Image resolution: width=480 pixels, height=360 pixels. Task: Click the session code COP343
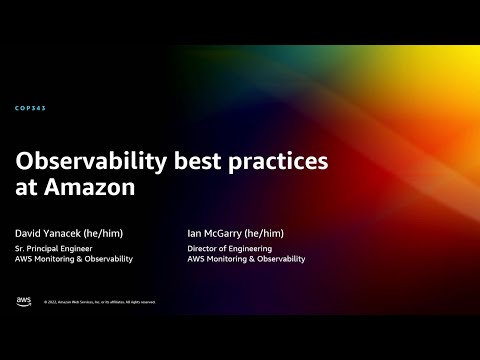[31, 108]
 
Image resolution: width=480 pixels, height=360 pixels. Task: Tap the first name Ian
[194, 232]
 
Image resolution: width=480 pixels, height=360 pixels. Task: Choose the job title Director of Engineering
[229, 247]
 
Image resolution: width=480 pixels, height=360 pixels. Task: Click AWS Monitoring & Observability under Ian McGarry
[246, 259]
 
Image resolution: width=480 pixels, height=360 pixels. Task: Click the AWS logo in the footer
[24, 300]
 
